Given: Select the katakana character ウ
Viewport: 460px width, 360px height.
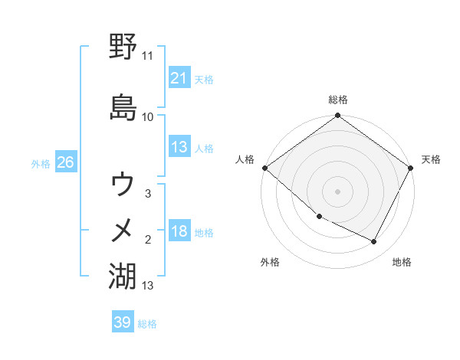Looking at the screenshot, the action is point(123,184).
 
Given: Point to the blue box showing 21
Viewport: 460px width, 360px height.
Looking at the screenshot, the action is point(179,77).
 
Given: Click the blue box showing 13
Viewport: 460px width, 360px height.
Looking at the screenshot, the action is point(179,147).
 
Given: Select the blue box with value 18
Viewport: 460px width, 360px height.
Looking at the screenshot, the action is point(179,231).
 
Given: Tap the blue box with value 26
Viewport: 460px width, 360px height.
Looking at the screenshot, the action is point(65,162).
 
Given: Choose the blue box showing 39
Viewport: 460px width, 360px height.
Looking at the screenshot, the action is point(122,322).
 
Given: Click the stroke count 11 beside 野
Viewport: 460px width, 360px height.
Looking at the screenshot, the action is point(147,56).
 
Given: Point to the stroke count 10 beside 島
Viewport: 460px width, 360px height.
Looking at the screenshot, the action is point(147,116).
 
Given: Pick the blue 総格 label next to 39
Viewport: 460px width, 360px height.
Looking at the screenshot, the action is point(147,324).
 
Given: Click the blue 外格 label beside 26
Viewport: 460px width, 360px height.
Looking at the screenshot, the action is point(41,163).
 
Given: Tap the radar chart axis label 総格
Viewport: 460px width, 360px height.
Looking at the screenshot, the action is point(338,100).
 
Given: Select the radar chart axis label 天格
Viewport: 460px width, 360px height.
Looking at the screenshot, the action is point(431,159).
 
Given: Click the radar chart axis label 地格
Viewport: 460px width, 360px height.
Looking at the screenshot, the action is point(402,262).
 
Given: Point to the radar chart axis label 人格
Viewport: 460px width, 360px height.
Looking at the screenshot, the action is point(245,159).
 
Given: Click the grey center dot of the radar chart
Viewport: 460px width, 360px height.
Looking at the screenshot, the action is point(338,191).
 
